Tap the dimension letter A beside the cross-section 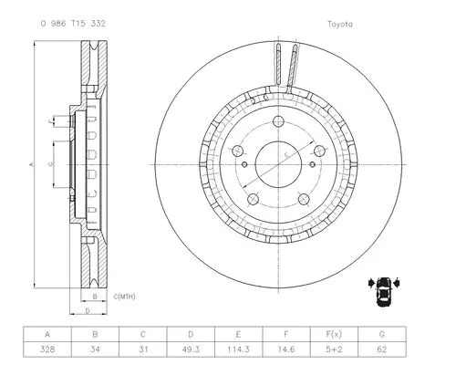32,164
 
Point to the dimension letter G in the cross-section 51,163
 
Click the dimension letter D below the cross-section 88,311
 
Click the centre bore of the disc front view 278,165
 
